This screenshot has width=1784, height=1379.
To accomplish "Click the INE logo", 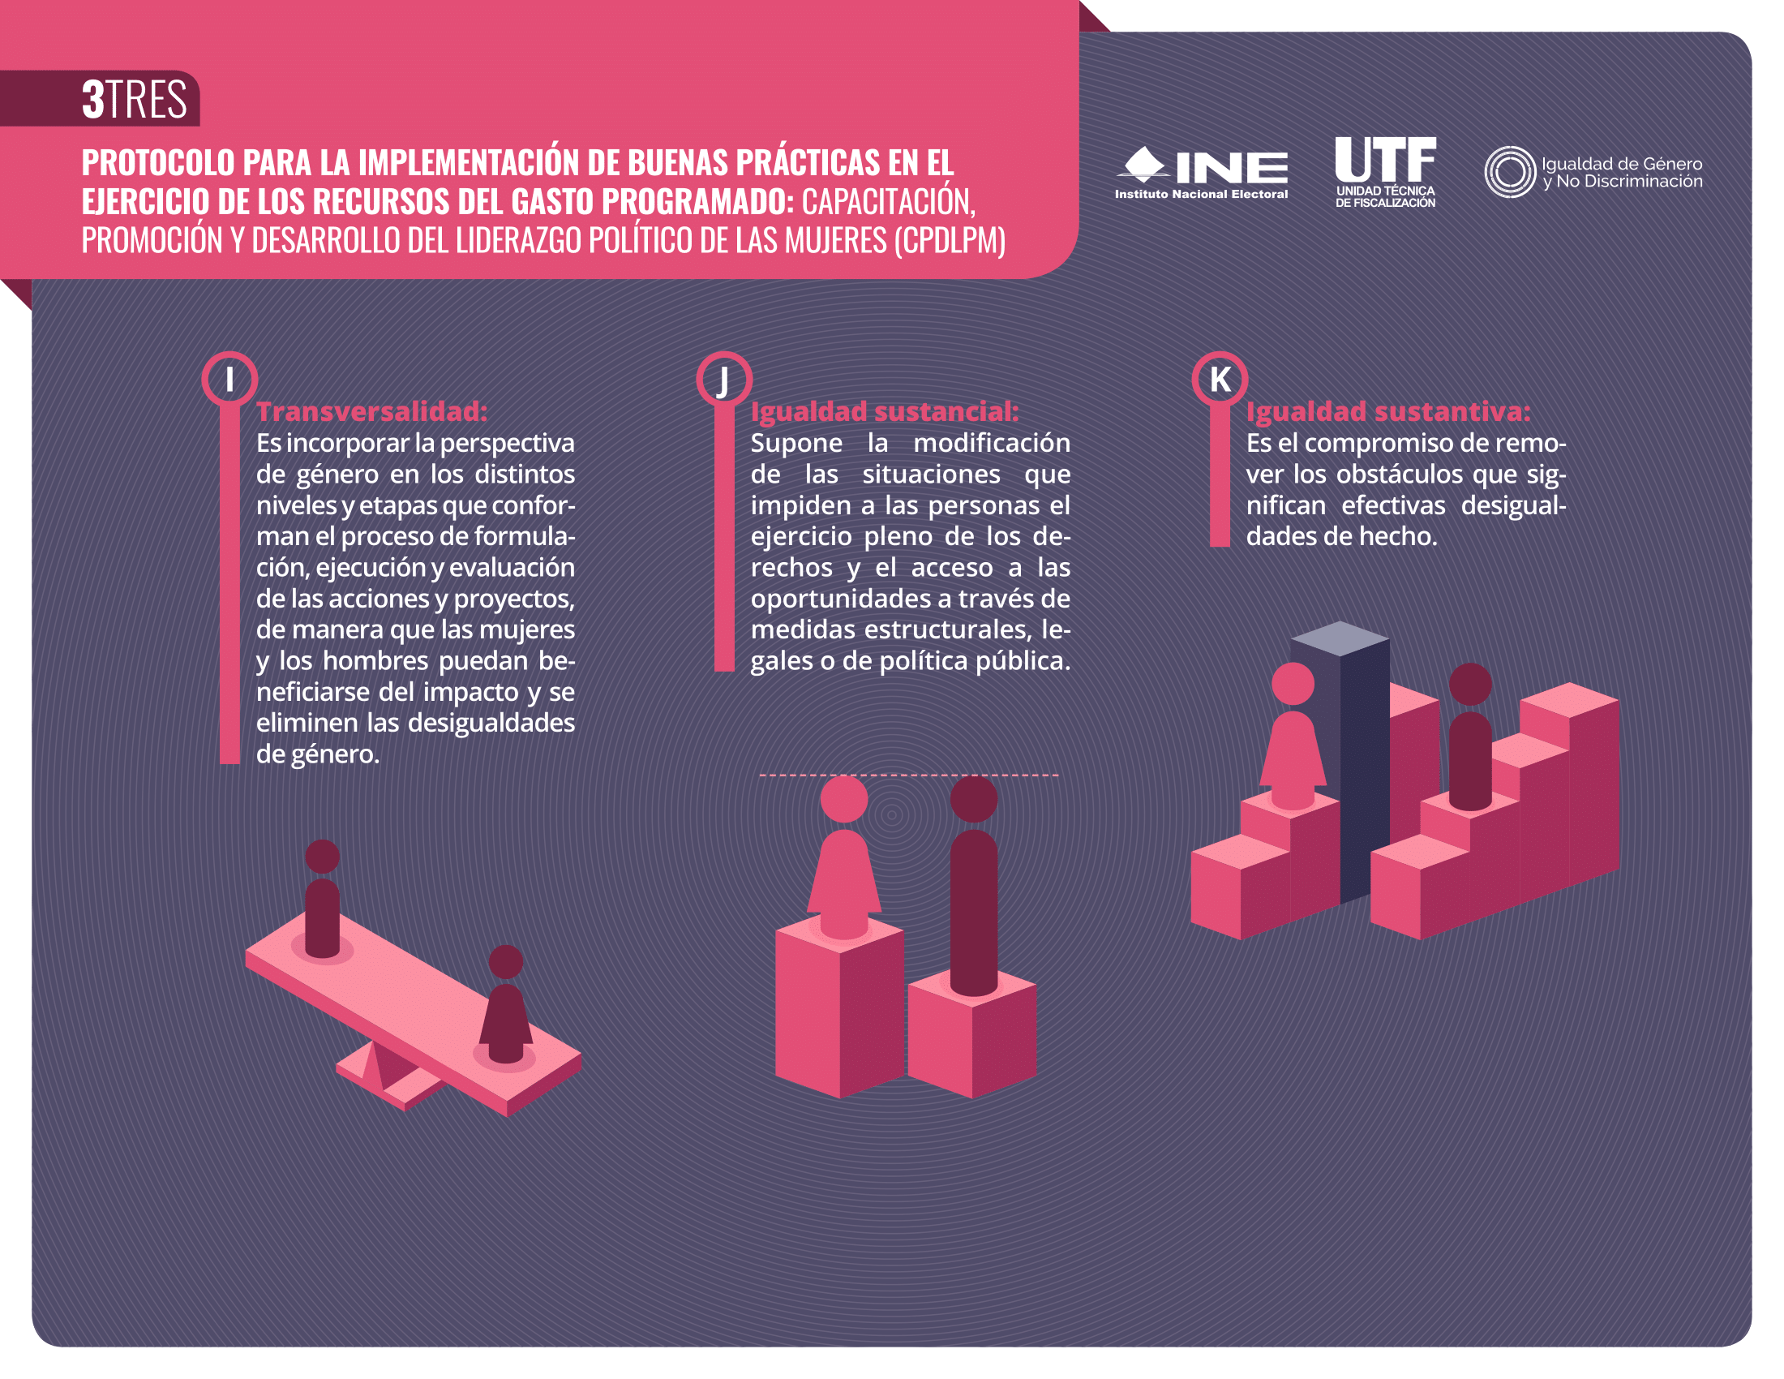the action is coord(1201,172).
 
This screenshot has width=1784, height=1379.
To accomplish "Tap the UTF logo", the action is coord(1385,171).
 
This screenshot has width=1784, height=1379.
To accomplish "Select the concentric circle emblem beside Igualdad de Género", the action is coord(1511,171).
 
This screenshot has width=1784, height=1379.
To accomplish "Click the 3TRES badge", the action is coord(135,99).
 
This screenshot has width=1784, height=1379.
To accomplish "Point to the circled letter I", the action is coord(229,379).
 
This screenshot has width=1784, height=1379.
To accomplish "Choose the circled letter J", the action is coord(723,379).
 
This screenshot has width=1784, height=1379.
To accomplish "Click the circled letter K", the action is coord(1220,379).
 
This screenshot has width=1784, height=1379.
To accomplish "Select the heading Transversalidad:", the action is coord(371,411).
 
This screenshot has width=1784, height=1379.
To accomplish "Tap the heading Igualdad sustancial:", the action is coord(885,412).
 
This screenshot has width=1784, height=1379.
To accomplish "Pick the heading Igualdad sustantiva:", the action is coord(1387,412).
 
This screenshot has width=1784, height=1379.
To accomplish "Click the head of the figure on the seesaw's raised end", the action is coord(323,856).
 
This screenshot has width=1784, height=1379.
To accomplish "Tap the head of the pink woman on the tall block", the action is coord(844,798).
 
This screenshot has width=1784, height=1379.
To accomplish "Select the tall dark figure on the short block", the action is coord(974,887).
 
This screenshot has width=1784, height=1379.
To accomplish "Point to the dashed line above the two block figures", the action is coord(909,775).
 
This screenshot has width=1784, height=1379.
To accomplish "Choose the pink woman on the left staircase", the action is coord(1293,736).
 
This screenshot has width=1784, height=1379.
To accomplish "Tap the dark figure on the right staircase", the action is coord(1470,736).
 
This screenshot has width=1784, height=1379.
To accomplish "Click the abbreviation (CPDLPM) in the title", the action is coord(950,240).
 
